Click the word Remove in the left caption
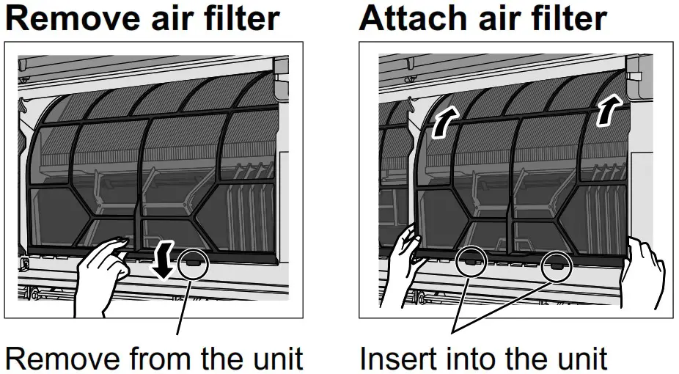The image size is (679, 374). (56, 359)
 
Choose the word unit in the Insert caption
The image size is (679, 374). (579, 359)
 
